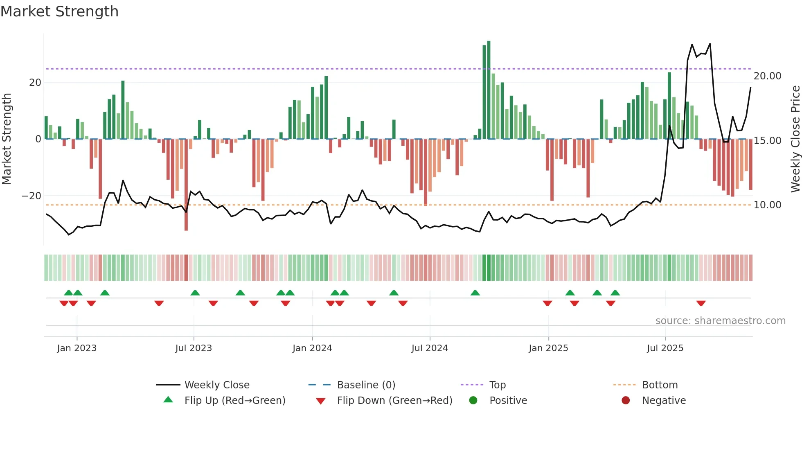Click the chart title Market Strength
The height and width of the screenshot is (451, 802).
pyautogui.click(x=59, y=11)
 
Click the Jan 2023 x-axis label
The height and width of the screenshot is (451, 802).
pyautogui.click(x=77, y=348)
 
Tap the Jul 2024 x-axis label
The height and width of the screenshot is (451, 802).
pyautogui.click(x=430, y=348)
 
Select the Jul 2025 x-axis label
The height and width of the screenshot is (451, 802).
pyautogui.click(x=665, y=348)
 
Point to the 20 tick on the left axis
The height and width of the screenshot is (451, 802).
pyautogui.click(x=35, y=83)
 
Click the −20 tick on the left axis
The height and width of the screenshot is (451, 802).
pyautogui.click(x=32, y=196)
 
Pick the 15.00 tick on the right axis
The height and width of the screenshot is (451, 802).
pyautogui.click(x=767, y=141)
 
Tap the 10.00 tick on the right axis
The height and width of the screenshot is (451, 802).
pyautogui.click(x=767, y=205)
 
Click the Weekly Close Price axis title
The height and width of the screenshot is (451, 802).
pyautogui.click(x=795, y=139)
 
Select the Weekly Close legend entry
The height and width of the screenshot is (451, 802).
pyautogui.click(x=216, y=385)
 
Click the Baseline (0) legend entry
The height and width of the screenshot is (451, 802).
pyautogui.click(x=366, y=385)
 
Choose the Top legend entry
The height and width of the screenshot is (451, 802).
pyautogui.click(x=497, y=385)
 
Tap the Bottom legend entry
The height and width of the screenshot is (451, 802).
pyautogui.click(x=660, y=385)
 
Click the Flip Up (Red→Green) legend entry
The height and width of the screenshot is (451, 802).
pyautogui.click(x=234, y=401)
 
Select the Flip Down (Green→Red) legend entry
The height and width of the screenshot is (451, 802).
pyautogui.click(x=394, y=401)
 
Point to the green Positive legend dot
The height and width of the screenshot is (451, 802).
pyautogui.click(x=473, y=401)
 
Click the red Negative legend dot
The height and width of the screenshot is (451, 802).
pyautogui.click(x=626, y=401)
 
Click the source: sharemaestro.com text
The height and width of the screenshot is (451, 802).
pyautogui.click(x=720, y=321)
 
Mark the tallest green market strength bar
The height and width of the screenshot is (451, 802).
pyautogui.click(x=489, y=90)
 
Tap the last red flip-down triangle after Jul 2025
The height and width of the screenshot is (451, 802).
pyautogui.click(x=701, y=303)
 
